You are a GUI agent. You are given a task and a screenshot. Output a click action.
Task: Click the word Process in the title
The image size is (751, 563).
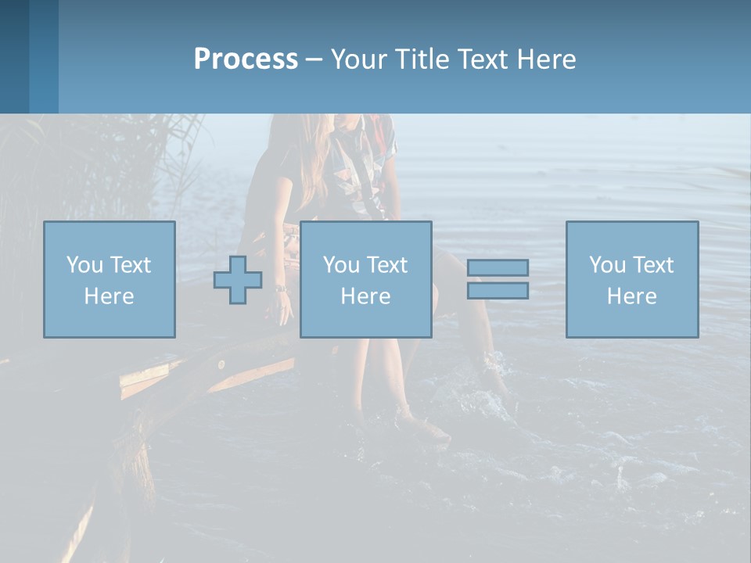pos(246,59)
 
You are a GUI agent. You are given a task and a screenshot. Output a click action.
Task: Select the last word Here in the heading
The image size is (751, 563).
pos(546,59)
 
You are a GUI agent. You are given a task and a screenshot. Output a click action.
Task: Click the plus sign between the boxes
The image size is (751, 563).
pos(238,280)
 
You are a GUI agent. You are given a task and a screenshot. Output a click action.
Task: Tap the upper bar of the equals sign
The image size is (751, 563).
pos(498,267)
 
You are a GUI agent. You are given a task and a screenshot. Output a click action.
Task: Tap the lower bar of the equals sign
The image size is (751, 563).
pos(498,290)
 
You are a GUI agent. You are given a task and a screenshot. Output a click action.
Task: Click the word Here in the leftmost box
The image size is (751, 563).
pos(109,296)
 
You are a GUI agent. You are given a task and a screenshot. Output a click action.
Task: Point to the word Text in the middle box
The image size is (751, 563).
pos(386,265)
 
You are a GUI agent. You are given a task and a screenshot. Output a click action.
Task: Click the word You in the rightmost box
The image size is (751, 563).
pos(607,265)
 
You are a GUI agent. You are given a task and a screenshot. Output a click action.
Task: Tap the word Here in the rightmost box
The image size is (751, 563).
pos(631,296)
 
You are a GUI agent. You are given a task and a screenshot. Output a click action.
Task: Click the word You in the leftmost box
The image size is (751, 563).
pos(84,265)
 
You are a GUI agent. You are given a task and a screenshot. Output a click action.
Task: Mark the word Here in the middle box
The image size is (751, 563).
pos(365,296)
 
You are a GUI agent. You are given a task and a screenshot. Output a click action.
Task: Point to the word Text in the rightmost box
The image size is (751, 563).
pos(652,265)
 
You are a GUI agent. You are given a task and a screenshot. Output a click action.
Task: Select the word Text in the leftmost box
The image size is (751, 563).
pos(130,265)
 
